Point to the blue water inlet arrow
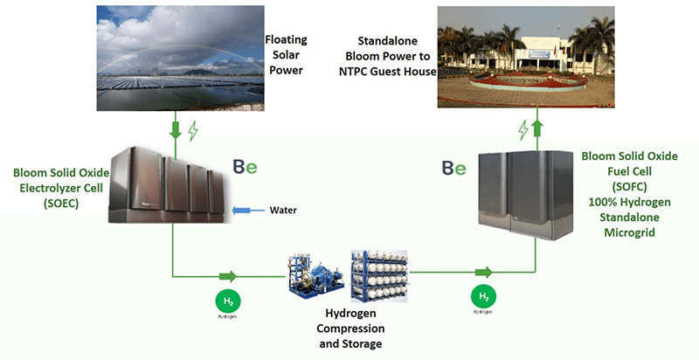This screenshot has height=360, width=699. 251,211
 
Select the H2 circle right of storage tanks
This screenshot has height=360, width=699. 484,297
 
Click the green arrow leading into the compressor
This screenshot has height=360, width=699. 228,276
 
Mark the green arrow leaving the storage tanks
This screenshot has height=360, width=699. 483,273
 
